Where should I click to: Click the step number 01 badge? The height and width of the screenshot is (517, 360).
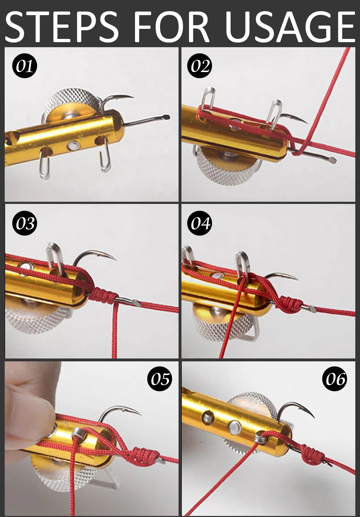coord(25,66)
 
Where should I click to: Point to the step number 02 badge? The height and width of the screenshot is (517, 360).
coord(200,66)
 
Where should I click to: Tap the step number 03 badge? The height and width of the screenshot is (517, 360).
coord(25,223)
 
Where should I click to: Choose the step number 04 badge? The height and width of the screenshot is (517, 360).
coord(200,223)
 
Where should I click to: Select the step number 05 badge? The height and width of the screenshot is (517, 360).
coord(159,379)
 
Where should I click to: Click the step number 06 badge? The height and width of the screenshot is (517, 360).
coord(335,379)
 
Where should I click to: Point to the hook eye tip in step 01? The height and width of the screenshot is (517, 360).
coord(167,117)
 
